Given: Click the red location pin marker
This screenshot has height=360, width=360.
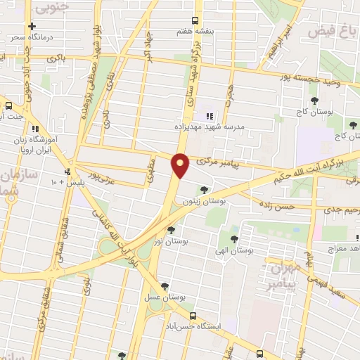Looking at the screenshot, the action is coord(181,166).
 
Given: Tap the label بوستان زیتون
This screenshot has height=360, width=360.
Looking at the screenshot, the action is coord(202,201).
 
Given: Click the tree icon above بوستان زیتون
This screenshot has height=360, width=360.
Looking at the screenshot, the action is coord(203,189).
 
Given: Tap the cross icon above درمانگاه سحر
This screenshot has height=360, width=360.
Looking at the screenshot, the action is coord(32,26).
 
